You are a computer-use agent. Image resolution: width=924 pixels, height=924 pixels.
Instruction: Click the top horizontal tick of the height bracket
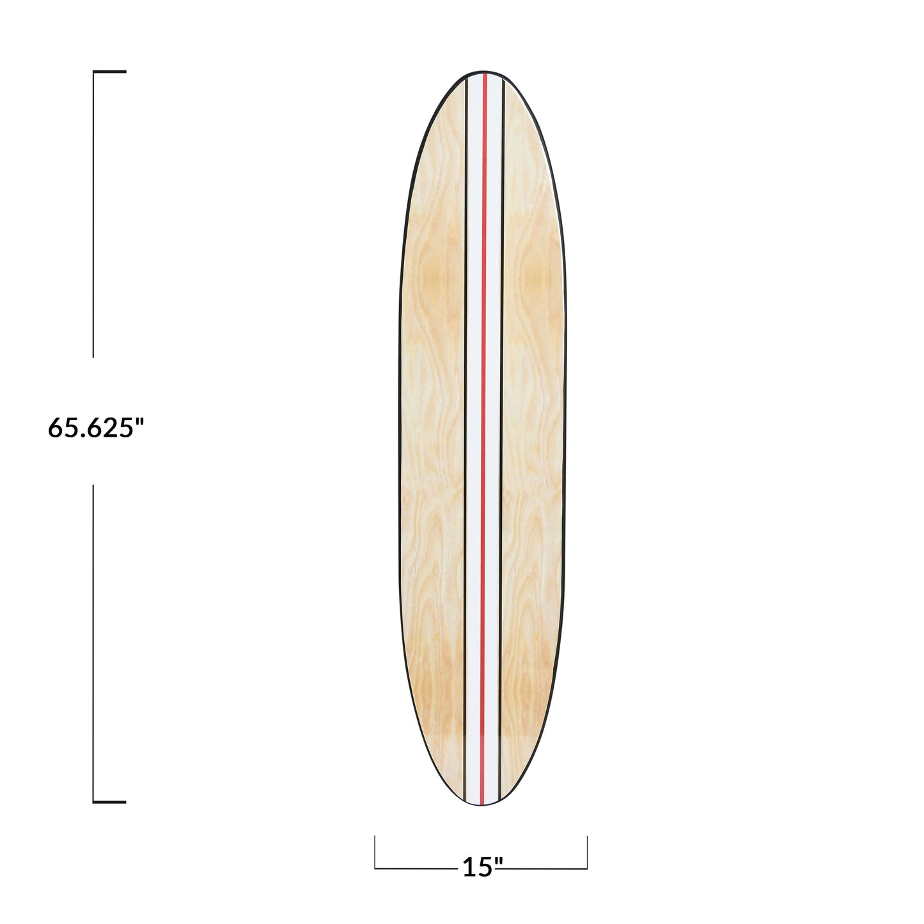pos(110,72)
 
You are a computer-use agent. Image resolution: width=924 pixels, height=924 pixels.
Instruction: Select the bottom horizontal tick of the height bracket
pos(110,801)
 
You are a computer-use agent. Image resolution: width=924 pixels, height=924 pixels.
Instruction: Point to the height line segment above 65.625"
pos(94,214)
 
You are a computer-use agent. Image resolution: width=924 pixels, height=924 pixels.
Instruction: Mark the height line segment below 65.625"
pos(94,643)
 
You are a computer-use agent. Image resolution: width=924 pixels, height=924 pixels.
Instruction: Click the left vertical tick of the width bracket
pos(375,852)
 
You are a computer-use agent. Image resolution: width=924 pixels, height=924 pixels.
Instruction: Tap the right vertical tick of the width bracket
pos(586,852)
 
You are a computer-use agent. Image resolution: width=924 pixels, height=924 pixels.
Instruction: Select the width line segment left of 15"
pos(416,868)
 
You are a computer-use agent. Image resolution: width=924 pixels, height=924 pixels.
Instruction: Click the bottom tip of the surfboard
pos(483,804)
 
